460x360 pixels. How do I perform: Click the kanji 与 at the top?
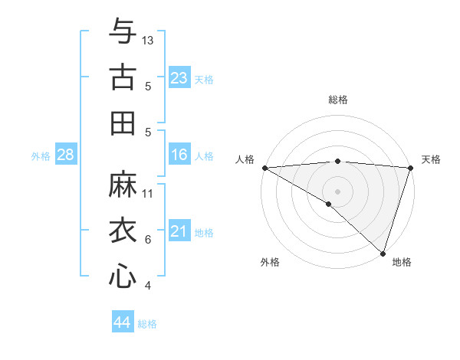[123, 32]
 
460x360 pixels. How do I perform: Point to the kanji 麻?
[123, 184]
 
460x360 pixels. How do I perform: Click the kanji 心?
[123, 276]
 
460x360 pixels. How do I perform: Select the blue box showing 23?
[179, 78]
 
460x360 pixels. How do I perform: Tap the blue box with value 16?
[179, 155]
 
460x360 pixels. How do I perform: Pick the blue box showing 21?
[179, 232]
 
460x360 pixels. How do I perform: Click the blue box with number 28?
[66, 155]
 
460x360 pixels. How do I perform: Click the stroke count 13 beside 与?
[148, 40]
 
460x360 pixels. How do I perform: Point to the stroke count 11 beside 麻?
[148, 193]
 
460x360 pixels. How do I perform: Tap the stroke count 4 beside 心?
[147, 286]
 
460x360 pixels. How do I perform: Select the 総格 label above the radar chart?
[337, 100]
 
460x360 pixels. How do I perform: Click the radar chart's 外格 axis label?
[270, 262]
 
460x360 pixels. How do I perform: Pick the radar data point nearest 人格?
[264, 167]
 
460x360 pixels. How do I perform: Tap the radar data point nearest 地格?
[383, 253]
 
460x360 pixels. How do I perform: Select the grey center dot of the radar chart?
[337, 190]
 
